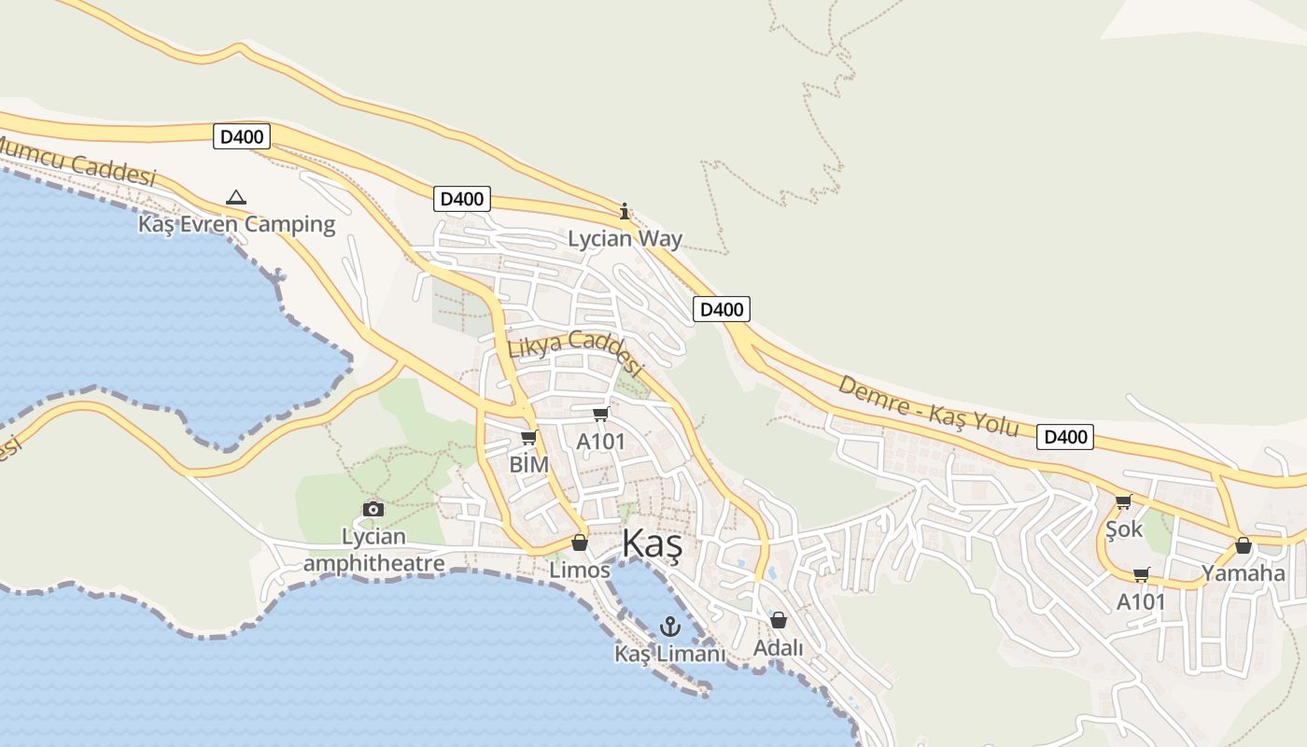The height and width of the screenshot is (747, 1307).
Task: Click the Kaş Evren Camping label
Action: tap(236, 224)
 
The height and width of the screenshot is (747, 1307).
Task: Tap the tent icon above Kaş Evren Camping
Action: tap(236, 197)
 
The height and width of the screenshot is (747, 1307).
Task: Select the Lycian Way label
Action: tap(625, 239)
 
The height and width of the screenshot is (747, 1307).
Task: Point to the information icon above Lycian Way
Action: tap(625, 212)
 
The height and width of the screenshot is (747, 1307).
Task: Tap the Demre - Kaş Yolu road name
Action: tap(927, 404)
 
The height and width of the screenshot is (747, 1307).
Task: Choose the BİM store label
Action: tap(528, 463)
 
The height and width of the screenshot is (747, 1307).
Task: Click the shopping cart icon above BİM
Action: tap(529, 437)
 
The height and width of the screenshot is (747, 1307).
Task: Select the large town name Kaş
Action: tap(652, 543)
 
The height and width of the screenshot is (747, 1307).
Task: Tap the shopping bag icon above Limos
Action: tap(580, 543)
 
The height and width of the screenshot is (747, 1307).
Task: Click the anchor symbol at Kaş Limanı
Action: tap(669, 627)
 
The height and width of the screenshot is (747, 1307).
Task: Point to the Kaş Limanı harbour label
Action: tap(669, 654)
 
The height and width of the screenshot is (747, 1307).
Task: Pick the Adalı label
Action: tap(779, 646)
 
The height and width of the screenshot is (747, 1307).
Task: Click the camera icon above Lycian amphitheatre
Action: tap(373, 509)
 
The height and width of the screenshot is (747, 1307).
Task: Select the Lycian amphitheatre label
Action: tap(373, 550)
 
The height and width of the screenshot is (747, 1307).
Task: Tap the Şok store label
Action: tap(1124, 529)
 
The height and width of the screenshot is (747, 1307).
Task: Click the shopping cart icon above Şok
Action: tap(1124, 502)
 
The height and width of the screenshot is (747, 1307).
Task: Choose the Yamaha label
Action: tap(1243, 572)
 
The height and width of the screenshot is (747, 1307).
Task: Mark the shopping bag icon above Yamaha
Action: tap(1243, 545)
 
